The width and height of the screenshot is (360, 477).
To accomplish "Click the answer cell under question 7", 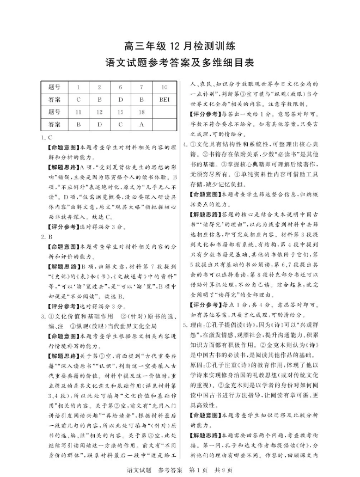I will pyautogui.click(x=141, y=100).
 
